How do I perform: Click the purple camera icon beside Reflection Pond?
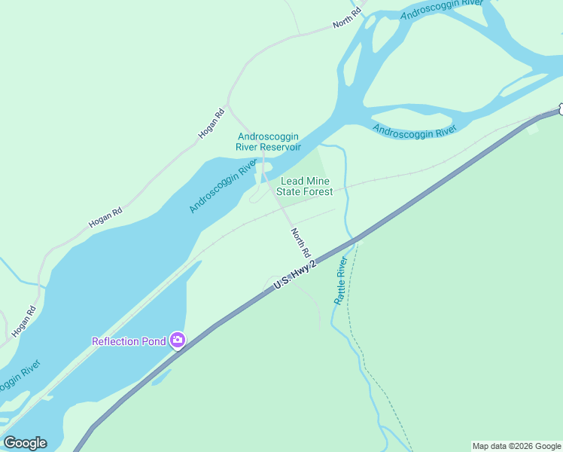coord(178,341)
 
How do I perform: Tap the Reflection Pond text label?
coord(129,341)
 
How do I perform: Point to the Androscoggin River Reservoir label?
coord(269,142)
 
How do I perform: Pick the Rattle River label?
coord(340,280)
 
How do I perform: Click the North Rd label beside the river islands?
coord(348,20)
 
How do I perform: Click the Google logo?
coord(25,443)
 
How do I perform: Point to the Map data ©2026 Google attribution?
coord(516,446)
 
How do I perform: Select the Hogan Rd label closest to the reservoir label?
coord(212,124)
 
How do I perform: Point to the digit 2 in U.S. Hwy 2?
coord(315,260)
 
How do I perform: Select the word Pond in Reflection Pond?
coord(154,341)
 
